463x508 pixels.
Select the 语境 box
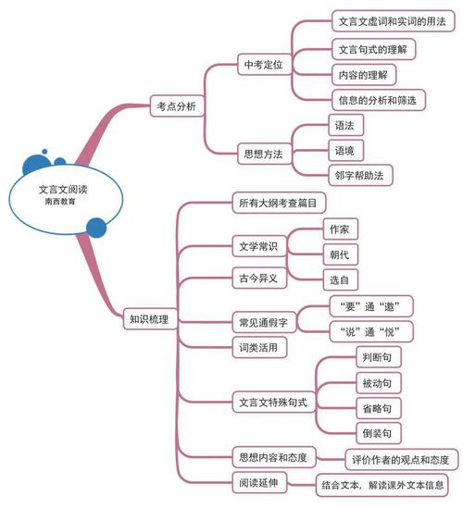(343, 148)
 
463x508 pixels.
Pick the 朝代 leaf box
(340, 253)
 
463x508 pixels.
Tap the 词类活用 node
(258, 348)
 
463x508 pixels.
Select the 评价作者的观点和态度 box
(401, 459)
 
